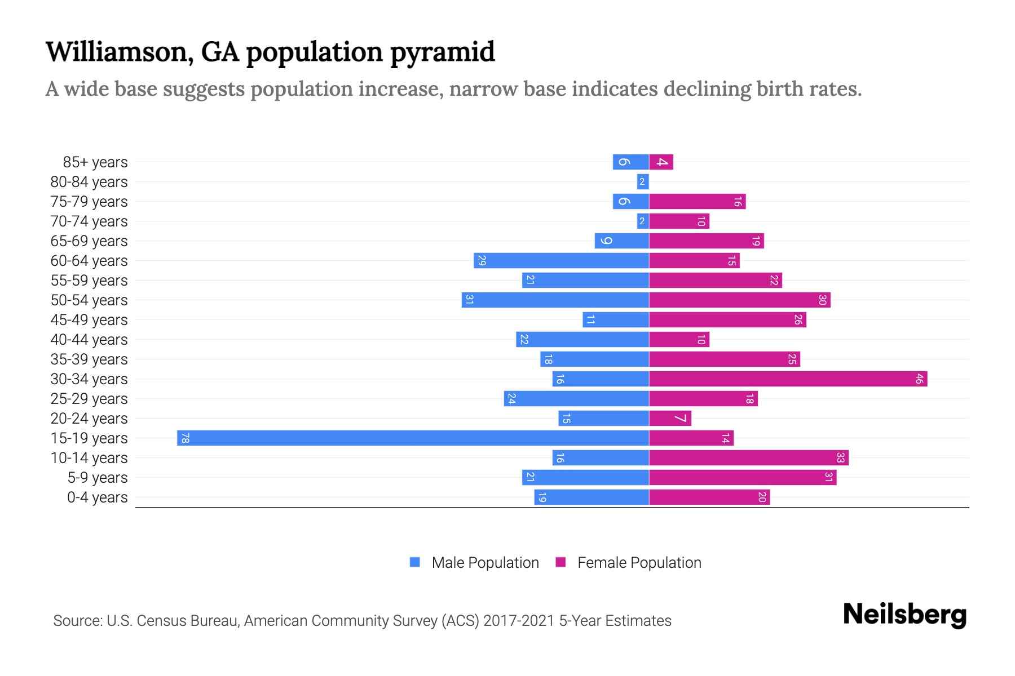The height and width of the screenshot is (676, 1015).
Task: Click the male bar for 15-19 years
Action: (413, 438)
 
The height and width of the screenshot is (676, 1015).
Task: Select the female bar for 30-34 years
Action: (788, 379)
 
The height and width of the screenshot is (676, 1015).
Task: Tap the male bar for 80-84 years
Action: (643, 181)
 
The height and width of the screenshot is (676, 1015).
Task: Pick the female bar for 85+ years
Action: (661, 162)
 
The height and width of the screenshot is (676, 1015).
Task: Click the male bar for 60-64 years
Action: (561, 260)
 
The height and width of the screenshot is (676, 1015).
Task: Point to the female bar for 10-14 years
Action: (748, 457)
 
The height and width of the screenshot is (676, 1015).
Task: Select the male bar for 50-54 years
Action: (555, 300)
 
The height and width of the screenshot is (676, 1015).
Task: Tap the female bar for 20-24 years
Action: (670, 418)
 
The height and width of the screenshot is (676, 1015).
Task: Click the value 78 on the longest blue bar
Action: (185, 438)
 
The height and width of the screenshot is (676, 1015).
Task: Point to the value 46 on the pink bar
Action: (919, 379)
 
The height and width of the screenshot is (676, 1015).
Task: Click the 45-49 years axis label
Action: (89, 320)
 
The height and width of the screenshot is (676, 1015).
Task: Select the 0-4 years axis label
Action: (97, 497)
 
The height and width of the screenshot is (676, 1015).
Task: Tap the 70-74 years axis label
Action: (89, 221)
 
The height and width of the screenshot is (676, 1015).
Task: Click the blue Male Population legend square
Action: (415, 562)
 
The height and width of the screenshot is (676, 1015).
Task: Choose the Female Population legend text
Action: (639, 563)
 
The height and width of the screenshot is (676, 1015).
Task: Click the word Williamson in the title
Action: (116, 52)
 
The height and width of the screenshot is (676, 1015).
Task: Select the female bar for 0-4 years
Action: (709, 497)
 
